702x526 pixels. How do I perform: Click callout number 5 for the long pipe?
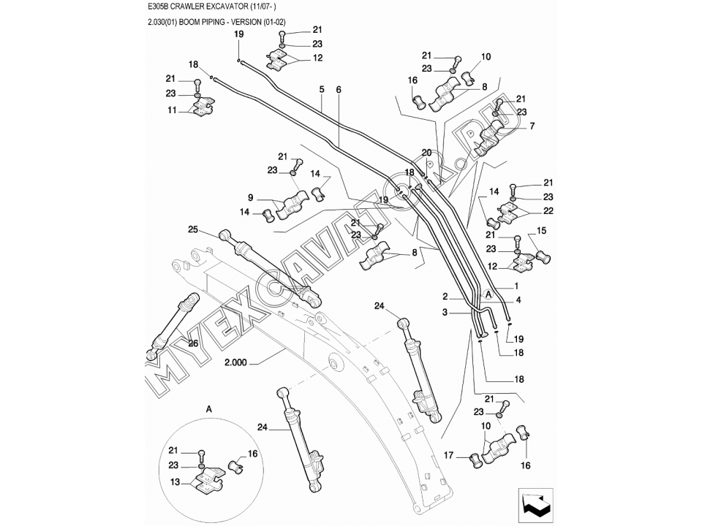(321, 89)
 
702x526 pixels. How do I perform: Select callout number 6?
(339, 89)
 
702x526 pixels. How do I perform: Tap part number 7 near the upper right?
(532, 126)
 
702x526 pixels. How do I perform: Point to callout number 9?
(251, 197)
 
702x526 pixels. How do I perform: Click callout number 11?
(173, 110)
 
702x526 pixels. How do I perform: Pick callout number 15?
(542, 231)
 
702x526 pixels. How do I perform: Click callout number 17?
(451, 455)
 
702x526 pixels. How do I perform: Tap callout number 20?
(427, 152)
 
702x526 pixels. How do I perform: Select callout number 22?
(548, 211)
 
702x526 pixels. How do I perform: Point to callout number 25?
(193, 229)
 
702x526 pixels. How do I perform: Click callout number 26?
(194, 343)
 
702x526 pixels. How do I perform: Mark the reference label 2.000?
(237, 362)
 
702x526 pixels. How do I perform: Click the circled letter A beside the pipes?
(488, 293)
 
